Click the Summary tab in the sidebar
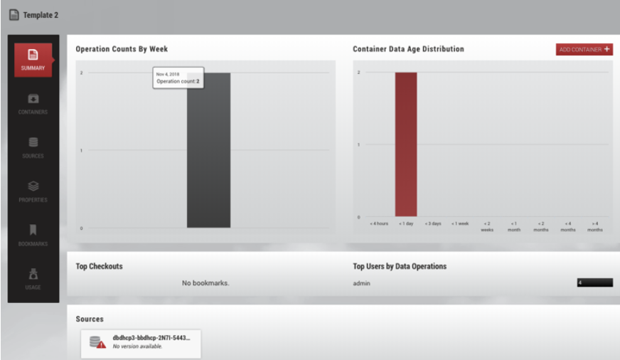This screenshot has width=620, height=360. point(33,59)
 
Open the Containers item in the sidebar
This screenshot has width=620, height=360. point(33,103)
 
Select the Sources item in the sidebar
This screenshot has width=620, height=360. point(33,147)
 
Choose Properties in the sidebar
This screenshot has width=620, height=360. point(33,191)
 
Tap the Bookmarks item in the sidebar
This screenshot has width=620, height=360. point(33,235)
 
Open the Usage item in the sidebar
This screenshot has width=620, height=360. point(33,279)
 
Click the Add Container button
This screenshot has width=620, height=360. point(584,50)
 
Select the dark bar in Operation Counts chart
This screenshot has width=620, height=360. point(208,157)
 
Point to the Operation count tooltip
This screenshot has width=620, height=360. point(178,78)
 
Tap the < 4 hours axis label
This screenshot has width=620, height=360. point(379,223)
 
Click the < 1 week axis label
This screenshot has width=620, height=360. point(460,223)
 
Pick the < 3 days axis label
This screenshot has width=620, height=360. point(433,223)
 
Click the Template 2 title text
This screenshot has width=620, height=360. point(41,15)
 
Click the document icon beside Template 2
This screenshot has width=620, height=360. point(14,15)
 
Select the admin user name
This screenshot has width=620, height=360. point(361,283)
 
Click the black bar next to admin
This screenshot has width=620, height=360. point(594,283)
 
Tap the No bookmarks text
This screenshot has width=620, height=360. point(205,283)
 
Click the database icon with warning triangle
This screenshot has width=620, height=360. point(97,342)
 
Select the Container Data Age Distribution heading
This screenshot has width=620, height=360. point(408,49)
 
